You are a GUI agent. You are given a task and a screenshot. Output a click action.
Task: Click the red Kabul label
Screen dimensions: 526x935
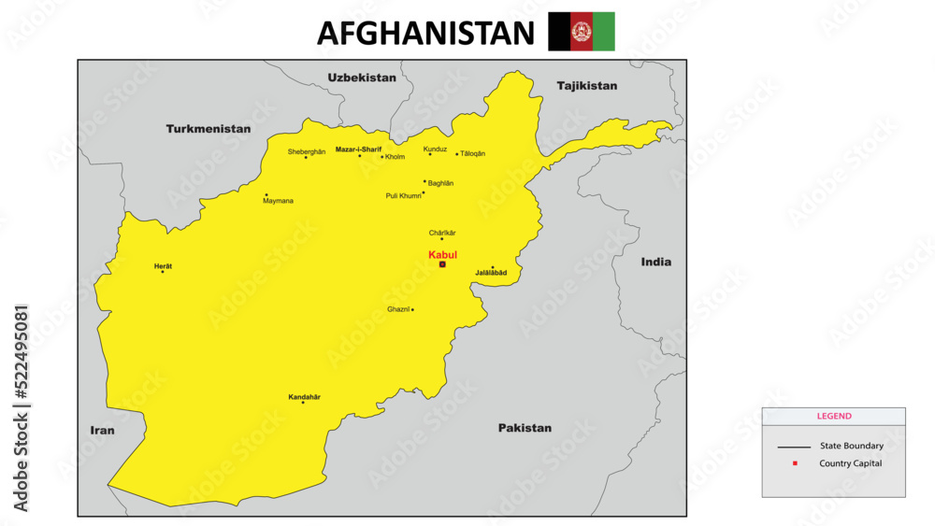[442, 254]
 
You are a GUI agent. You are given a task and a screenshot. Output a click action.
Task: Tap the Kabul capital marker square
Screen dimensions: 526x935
[442, 264]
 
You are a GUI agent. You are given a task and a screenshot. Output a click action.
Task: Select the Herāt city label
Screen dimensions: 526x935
[163, 266]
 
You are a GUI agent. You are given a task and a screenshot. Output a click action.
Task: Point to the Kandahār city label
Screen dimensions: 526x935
[304, 397]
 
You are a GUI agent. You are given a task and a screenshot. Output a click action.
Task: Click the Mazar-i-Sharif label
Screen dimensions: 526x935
[358, 149]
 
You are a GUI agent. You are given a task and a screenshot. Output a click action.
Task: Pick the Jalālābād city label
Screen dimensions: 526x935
[491, 273]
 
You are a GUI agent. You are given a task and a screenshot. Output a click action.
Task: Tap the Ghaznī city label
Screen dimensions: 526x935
[398, 309]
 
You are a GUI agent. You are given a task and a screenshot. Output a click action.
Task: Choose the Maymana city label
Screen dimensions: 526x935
[278, 201]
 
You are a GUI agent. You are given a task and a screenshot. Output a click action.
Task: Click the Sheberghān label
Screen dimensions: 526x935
[307, 151]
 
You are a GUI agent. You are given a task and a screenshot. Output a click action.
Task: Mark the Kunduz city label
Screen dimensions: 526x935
[435, 149]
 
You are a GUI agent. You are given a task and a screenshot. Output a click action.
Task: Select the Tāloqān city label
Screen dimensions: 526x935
[473, 153]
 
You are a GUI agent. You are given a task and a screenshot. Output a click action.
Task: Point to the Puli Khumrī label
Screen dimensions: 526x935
[403, 196]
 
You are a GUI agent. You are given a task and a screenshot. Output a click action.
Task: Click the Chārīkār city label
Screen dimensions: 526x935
[442, 233]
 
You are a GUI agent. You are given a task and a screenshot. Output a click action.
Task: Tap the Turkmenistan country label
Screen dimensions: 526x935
[209, 129]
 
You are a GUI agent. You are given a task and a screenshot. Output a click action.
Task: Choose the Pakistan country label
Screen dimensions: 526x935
[525, 428]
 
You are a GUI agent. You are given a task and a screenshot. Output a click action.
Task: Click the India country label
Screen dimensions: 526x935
[655, 262]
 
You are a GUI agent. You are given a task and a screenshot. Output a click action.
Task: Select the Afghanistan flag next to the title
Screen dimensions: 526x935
[581, 32]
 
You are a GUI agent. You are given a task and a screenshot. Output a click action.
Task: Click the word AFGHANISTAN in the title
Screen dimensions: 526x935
[425, 33]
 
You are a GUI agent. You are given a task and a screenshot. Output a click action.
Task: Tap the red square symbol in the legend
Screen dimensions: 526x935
[794, 463]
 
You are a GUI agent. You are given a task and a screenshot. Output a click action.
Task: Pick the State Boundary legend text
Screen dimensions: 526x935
[851, 446]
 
